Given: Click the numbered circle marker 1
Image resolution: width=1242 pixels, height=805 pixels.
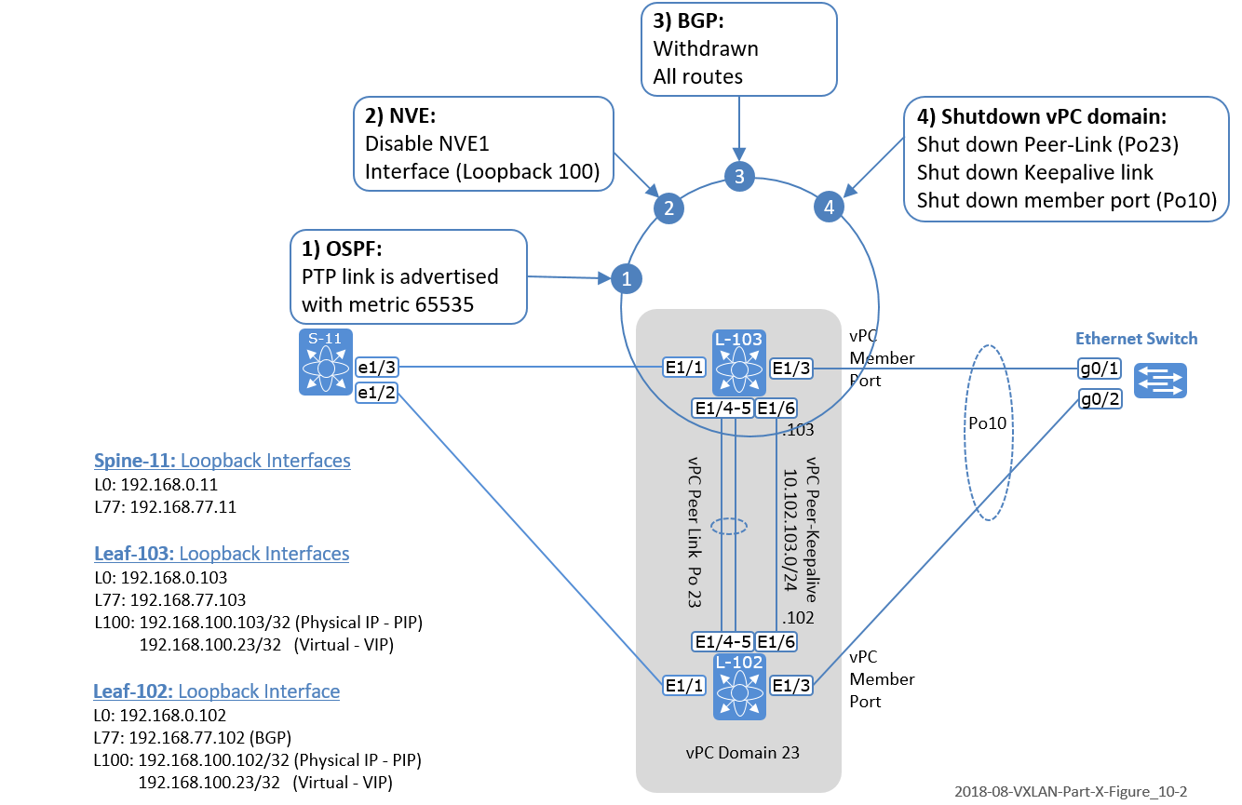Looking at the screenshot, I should point(627,277).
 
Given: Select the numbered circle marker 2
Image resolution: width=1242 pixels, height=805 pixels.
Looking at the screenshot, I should point(667,208).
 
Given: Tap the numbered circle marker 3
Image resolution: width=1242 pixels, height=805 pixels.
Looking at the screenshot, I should point(739,176).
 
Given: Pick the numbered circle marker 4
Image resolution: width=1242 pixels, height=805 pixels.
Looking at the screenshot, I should point(829,207).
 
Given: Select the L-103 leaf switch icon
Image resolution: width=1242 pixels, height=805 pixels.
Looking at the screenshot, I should point(739,362).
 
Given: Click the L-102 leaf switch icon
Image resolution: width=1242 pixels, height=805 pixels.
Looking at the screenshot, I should point(739,686).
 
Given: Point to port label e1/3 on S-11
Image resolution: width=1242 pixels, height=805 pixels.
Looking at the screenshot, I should point(378,369).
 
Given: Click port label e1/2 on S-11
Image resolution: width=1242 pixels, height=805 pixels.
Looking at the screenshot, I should point(378,394).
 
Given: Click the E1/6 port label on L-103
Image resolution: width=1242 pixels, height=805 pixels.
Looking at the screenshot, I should point(776,407).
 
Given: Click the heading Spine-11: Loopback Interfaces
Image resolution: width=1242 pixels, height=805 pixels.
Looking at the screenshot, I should point(222,461).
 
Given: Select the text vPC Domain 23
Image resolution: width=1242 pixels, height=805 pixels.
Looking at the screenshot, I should point(738,751).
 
